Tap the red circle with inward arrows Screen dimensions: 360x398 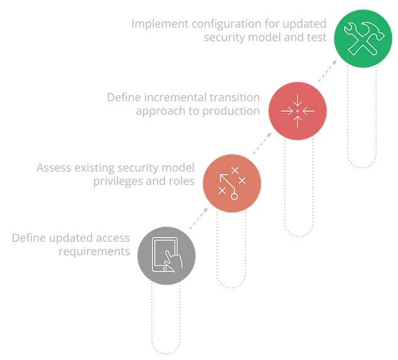point(297,111)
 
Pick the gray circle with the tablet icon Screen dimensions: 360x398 point(165,258)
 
